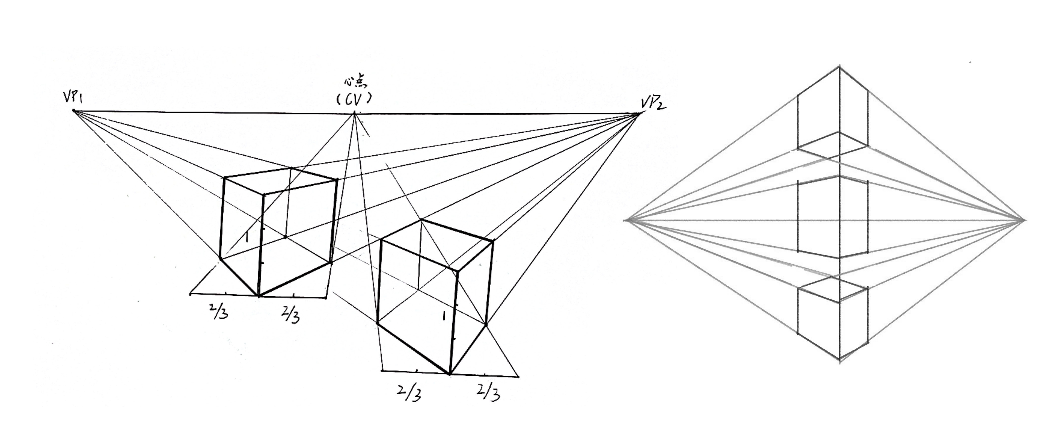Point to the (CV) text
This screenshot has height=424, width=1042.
[x=354, y=99]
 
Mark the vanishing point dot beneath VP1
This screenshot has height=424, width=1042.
[x=74, y=110]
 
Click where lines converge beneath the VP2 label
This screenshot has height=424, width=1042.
[x=639, y=114]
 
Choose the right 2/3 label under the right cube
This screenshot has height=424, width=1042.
[x=489, y=392]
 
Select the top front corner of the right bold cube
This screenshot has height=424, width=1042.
[x=457, y=270]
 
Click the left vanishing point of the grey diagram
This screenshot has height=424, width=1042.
[x=625, y=220]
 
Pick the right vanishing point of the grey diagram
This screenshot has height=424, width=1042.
[x=1025, y=220]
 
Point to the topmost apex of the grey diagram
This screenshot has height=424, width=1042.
[x=839, y=66]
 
